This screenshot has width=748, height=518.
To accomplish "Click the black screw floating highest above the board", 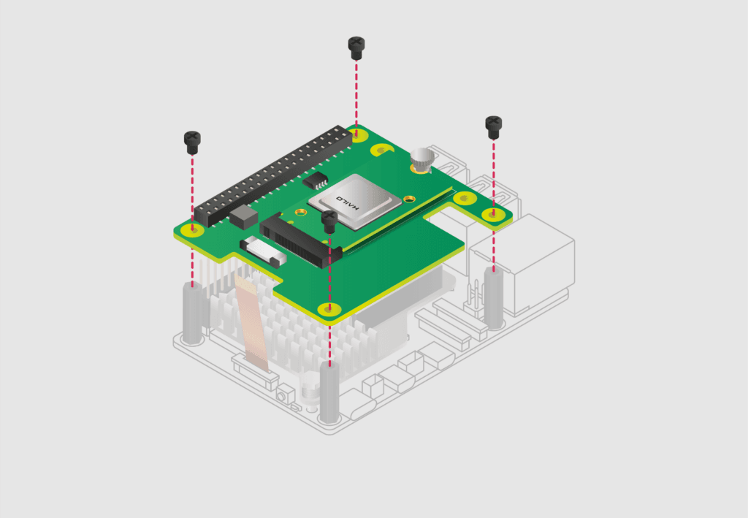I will [356, 47].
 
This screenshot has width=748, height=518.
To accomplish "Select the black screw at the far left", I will [192, 141].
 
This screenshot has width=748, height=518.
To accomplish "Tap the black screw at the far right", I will [494, 127].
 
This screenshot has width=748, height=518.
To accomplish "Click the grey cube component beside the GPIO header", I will [243, 215].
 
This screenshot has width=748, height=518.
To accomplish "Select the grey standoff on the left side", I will [193, 314].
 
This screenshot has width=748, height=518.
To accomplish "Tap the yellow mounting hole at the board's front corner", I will [328, 310].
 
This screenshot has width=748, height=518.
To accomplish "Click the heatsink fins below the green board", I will [292, 329].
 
